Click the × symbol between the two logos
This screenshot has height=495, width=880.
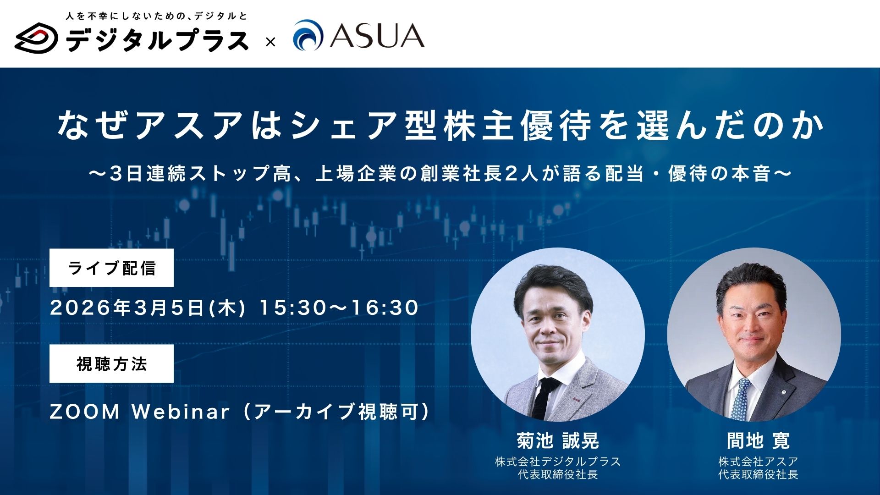270,43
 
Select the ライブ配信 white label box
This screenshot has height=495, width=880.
111,268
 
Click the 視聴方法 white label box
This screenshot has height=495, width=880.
111,364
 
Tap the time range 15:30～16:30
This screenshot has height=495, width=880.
339,308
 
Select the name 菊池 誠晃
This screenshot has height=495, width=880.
558,441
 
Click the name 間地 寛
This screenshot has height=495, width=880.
759,441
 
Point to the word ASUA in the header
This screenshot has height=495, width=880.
377,36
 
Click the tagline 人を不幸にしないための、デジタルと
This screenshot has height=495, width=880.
156,16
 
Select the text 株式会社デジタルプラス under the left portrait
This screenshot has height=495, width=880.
558,461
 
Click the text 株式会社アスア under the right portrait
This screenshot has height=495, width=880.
759,461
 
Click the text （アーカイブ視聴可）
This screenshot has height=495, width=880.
336,412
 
